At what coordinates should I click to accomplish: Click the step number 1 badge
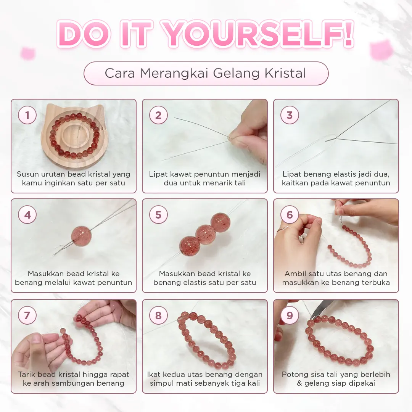coord(27,115)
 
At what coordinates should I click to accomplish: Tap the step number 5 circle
coord(158,215)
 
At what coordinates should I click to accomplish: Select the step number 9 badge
coord(290,315)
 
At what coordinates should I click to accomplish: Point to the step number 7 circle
coord(27,315)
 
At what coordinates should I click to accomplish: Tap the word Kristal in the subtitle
coord(285,73)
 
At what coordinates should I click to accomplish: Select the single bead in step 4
coord(82,235)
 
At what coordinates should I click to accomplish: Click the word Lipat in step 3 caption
coord(290,174)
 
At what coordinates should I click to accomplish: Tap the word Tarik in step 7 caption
coord(26,374)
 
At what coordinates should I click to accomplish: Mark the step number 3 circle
coord(290,115)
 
